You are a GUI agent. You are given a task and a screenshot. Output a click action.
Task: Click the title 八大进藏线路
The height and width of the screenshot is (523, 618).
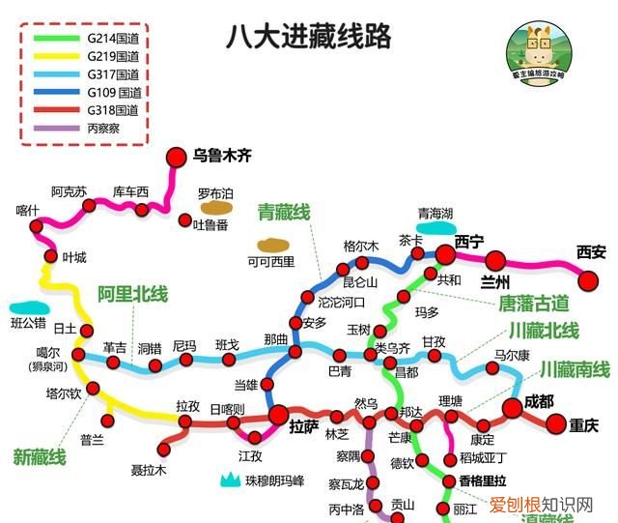click(308, 37)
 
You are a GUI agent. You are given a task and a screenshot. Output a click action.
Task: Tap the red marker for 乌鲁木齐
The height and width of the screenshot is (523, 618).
click(176, 157)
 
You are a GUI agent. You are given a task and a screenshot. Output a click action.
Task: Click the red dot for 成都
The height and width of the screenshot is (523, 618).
click(513, 409)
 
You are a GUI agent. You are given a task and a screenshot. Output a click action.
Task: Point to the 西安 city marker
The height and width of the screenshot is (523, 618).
click(589, 279)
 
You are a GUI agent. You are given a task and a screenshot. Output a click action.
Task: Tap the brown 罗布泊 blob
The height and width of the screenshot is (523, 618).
click(216, 206)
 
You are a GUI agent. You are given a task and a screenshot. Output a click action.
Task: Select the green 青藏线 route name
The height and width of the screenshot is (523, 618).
click(283, 213)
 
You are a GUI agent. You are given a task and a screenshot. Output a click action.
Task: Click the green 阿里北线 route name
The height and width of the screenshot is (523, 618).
click(132, 294)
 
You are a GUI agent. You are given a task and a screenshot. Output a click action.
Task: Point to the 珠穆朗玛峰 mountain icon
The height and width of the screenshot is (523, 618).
click(230, 478)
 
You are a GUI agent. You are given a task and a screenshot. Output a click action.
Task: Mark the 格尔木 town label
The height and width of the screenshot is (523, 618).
click(360, 246)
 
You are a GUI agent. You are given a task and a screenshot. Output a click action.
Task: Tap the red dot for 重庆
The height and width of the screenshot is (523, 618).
click(555, 423)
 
